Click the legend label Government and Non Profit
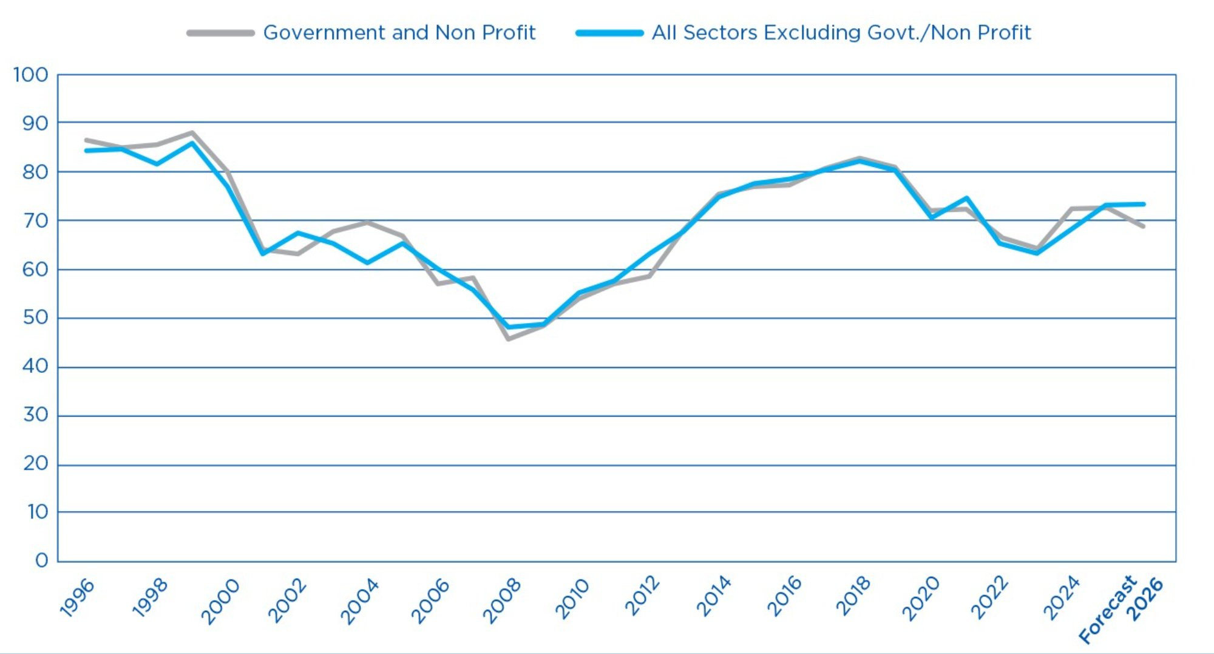point(399,32)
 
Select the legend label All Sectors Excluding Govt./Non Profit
point(841,32)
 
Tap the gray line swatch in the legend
point(220,33)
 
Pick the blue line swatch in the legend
point(609,33)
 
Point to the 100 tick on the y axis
point(30,75)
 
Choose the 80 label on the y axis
point(35,172)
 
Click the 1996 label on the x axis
point(77,598)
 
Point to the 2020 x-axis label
point(920,598)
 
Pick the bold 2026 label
point(1145,599)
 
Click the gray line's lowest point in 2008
point(508,339)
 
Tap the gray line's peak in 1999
point(192,132)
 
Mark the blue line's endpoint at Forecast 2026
point(1144,204)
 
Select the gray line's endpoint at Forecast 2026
point(1144,227)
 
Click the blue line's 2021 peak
point(966,198)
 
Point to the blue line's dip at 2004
point(367,263)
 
